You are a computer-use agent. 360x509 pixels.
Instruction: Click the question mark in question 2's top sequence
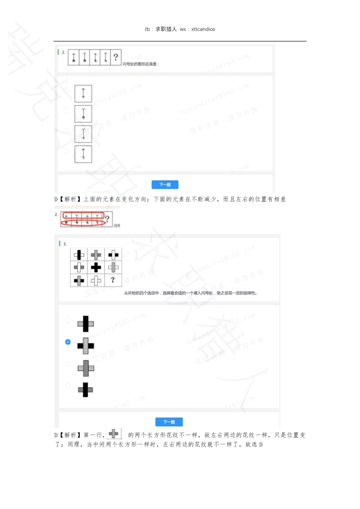[116, 57]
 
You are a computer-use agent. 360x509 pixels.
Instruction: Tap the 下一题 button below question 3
[169, 422]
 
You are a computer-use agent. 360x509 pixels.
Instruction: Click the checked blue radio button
[68, 342]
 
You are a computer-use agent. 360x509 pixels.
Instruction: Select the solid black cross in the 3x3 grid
[96, 267]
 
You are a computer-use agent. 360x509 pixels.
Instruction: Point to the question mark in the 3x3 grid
[113, 280]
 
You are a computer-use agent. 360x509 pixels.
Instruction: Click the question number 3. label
[65, 244]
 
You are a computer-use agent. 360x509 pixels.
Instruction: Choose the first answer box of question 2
[83, 94]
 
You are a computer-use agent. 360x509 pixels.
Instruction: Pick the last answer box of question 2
[83, 154]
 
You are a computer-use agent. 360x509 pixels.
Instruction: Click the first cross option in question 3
[85, 323]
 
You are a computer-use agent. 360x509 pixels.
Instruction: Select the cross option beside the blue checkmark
[85, 345]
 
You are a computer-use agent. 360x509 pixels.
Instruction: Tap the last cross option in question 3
[85, 389]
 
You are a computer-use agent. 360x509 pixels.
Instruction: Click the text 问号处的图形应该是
[141, 64]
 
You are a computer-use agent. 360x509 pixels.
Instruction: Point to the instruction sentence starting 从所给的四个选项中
[193, 293]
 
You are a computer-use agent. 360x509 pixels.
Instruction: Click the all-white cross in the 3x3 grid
[96, 280]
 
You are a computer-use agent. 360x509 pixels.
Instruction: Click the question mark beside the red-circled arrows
[107, 219]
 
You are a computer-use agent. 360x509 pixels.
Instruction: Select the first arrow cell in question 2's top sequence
[74, 57]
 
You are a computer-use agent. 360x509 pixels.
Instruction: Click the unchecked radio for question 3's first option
[68, 320]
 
